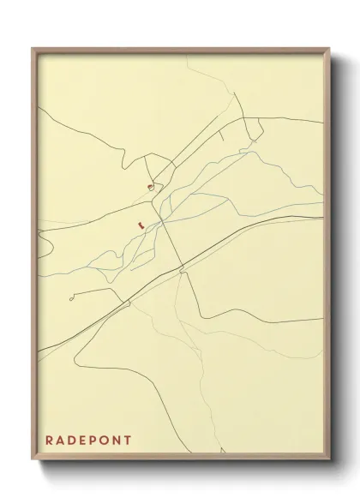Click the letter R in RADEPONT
(x=50, y=441)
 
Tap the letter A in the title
(x=62, y=441)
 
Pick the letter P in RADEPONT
(x=95, y=441)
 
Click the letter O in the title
(x=106, y=441)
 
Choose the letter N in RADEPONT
(x=118, y=441)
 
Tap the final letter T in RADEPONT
(x=129, y=441)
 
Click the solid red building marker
(x=138, y=225)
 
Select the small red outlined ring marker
(x=150, y=186)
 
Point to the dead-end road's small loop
(x=71, y=298)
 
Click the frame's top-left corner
(x=33, y=49)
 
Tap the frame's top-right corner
(x=329, y=49)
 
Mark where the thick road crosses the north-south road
(x=183, y=268)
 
